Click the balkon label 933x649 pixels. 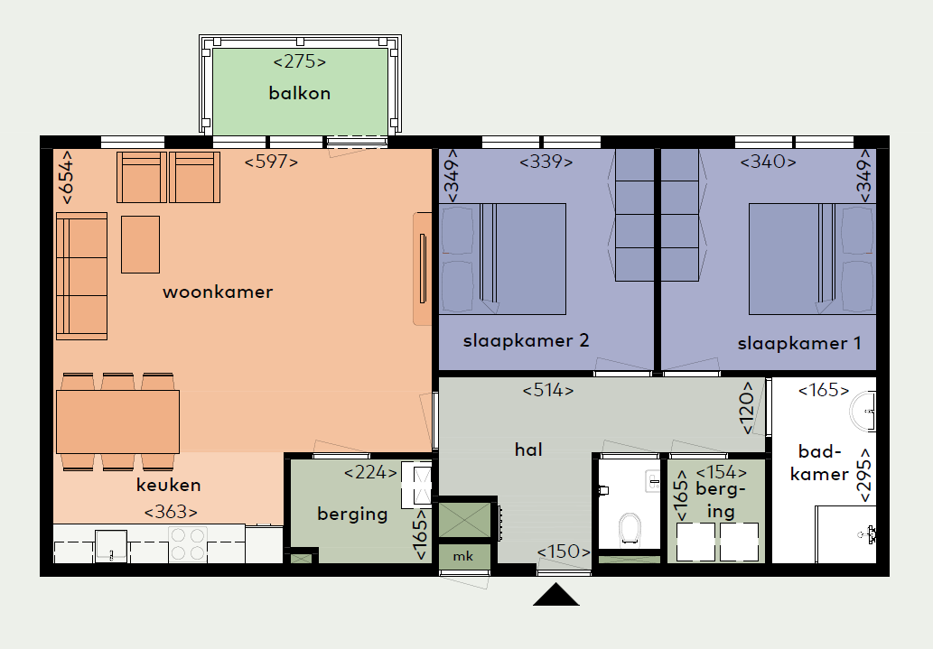tap(299, 93)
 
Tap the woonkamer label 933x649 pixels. tap(218, 292)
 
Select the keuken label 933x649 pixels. tap(168, 485)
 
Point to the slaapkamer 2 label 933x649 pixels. tap(526, 341)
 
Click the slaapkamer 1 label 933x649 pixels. tap(799, 343)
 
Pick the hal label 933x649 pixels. tap(528, 450)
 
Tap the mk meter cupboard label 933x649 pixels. tap(463, 556)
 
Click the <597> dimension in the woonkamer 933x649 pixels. tap(271, 162)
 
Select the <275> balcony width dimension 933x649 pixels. tap(299, 62)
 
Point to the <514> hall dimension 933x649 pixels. tap(548, 390)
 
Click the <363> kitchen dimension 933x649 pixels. tap(171, 512)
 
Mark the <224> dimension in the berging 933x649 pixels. tap(370, 473)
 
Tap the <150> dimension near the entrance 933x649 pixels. tap(564, 552)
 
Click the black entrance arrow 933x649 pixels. tap(555, 595)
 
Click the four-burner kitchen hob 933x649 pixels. tap(188, 543)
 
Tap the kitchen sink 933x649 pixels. tap(111, 546)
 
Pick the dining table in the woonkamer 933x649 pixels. tap(117, 422)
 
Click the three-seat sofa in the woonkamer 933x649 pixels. tap(81, 276)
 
